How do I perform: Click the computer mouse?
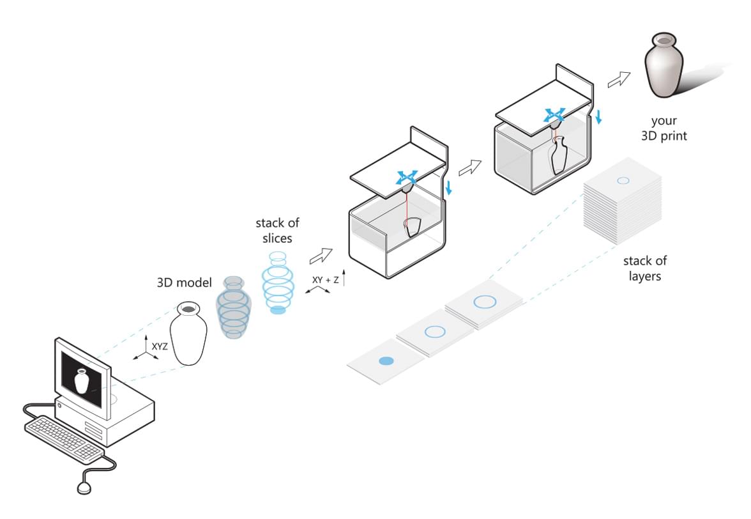tap(84, 488)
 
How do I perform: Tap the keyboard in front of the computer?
tap(64, 439)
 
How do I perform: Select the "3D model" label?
tap(184, 283)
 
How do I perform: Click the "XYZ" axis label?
tap(160, 346)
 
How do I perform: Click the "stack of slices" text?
tap(277, 231)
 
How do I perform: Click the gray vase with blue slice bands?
tap(234, 307)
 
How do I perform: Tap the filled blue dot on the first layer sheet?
tap(386, 361)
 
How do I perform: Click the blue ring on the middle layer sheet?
tap(434, 331)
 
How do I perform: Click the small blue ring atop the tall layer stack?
tap(623, 181)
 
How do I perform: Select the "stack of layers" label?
tap(645, 268)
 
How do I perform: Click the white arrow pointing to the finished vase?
tap(618, 80)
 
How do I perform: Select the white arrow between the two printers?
tap(469, 168)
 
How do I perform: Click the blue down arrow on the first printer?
tap(450, 187)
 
